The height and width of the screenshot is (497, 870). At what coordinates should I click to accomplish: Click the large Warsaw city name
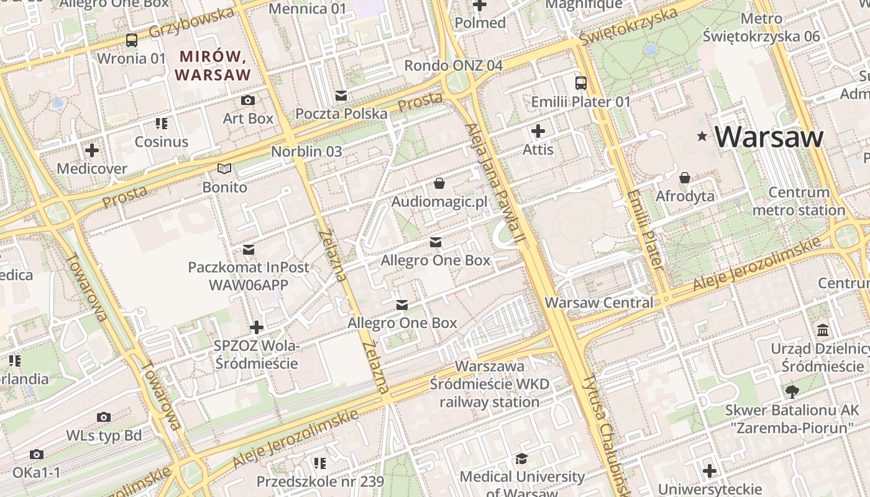point(769,137)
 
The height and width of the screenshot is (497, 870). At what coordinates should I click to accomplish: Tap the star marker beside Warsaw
point(702,136)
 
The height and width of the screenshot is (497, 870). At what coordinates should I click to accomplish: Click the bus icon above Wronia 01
point(132,40)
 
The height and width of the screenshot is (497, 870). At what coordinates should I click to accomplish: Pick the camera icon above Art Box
point(248,100)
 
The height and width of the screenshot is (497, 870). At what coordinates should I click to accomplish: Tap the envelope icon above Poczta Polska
point(341,96)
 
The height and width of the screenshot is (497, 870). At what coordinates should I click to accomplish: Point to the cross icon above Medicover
point(92,150)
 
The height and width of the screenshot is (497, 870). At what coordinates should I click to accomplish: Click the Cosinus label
point(162,142)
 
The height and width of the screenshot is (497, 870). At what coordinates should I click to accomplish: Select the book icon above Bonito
point(224,169)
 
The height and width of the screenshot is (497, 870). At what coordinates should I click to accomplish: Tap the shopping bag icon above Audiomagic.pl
point(439,183)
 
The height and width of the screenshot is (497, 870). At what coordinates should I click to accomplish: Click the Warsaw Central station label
point(599,303)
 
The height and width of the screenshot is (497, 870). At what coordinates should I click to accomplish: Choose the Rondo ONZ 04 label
point(453,65)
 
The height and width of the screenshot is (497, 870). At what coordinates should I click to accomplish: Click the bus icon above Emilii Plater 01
point(581,83)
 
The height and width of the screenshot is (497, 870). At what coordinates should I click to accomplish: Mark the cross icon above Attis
point(538,131)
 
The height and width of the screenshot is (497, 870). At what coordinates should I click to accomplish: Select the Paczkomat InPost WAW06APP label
point(249,276)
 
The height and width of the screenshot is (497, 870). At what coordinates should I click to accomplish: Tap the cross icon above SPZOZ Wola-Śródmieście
point(257,327)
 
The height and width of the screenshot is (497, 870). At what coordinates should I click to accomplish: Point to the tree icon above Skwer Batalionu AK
point(792,391)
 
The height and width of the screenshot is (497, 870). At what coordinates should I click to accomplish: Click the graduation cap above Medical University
point(521,459)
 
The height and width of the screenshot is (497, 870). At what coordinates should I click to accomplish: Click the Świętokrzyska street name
point(628,26)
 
